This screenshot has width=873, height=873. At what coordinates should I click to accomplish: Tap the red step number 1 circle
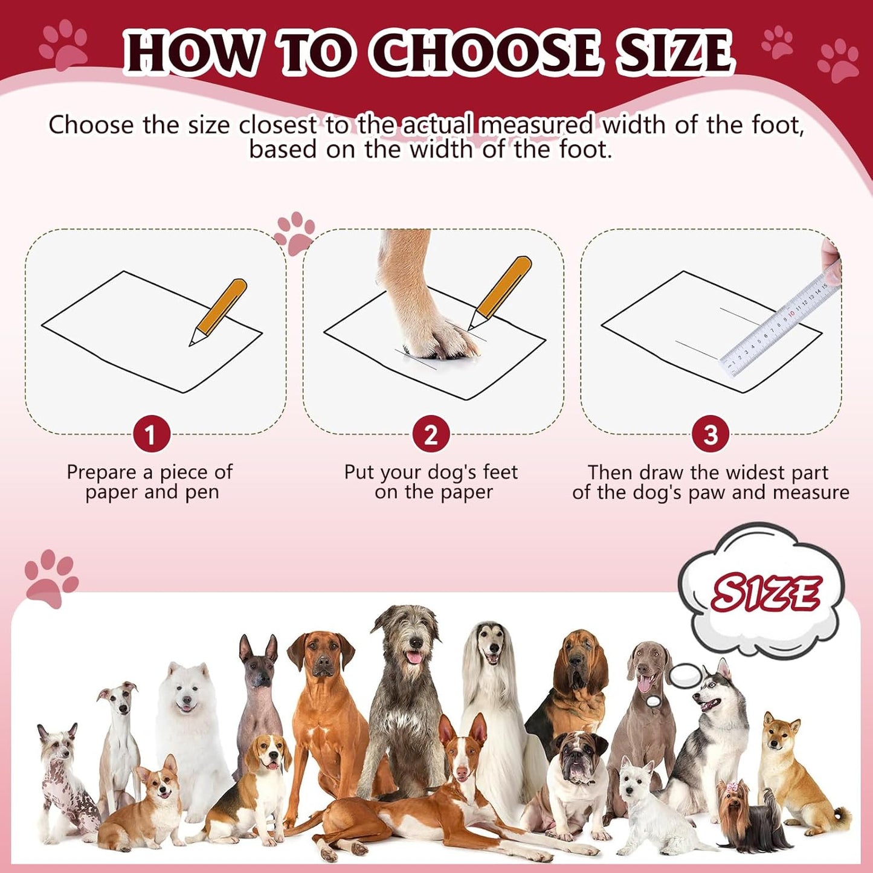(150, 434)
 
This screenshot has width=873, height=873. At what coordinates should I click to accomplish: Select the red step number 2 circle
(430, 434)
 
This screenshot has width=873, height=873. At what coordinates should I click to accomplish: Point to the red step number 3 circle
(710, 434)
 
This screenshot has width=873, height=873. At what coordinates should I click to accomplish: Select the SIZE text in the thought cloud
(765, 593)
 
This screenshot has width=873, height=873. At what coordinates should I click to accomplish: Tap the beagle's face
(268, 755)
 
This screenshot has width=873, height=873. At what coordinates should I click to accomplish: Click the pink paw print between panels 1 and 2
(294, 233)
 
